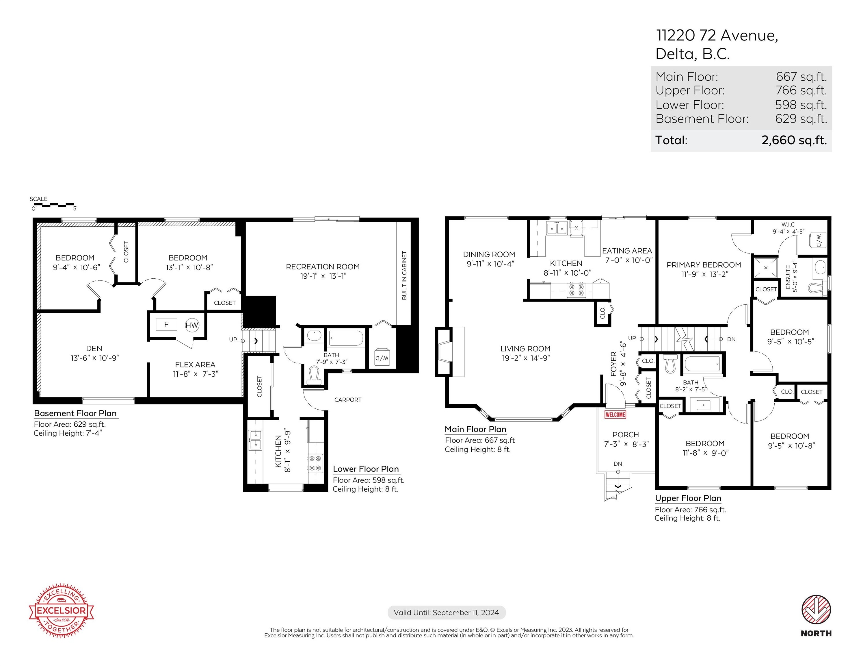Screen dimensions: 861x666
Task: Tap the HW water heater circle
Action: click(x=192, y=325)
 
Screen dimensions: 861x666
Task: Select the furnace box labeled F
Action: click(x=166, y=324)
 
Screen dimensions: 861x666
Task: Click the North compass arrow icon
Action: click(x=816, y=610)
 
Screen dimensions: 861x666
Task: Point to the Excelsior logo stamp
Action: click(x=61, y=610)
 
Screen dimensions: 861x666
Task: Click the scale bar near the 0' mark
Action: click(x=53, y=205)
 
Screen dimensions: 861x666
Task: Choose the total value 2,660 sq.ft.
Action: click(x=794, y=140)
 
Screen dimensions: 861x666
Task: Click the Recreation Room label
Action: click(x=323, y=267)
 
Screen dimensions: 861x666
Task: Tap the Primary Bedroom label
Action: click(x=704, y=265)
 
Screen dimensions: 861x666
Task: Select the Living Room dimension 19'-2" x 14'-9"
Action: click(x=525, y=358)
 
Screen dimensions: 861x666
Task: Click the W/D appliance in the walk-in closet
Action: click(x=817, y=240)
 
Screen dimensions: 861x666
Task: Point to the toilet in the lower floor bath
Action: click(x=314, y=375)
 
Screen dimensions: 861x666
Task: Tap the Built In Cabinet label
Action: click(x=404, y=275)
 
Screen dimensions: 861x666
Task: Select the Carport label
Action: click(x=348, y=400)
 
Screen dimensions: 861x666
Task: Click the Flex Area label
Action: click(x=195, y=365)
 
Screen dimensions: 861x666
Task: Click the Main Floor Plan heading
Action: click(x=475, y=429)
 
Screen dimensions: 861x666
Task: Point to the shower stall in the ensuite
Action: click(x=766, y=268)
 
